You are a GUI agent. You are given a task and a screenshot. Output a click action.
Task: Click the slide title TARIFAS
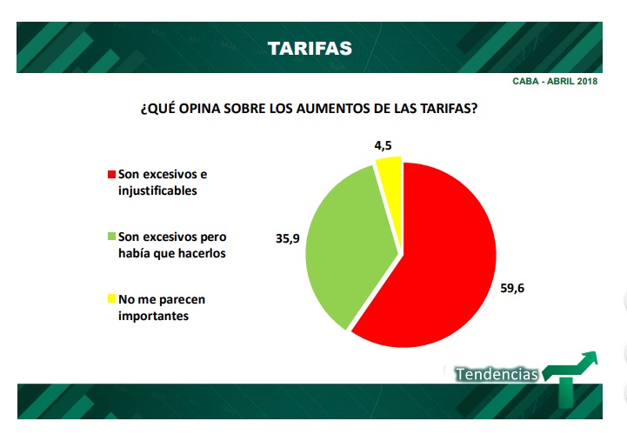pyautogui.click(x=310, y=48)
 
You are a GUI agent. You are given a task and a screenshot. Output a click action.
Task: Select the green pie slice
pyautogui.click(x=344, y=244)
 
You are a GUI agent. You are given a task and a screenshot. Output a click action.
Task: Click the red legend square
pyautogui.click(x=110, y=174)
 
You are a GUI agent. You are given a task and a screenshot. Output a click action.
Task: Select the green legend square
pyautogui.click(x=110, y=237)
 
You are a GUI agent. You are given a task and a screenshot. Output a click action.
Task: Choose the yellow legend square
pyautogui.click(x=110, y=299)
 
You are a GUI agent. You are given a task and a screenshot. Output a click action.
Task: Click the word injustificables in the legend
pyautogui.click(x=157, y=190)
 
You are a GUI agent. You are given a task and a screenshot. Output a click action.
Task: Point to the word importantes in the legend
pyautogui.click(x=153, y=316)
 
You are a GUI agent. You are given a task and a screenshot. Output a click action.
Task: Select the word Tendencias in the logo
pyautogui.click(x=497, y=374)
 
